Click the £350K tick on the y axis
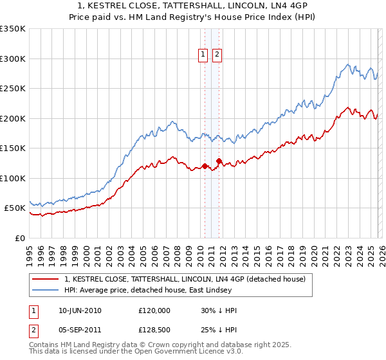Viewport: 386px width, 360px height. (x=13, y=29)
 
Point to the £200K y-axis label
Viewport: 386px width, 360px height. (x=13, y=118)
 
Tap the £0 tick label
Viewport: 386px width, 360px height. (x=19, y=238)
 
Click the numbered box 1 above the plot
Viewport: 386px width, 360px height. (x=203, y=55)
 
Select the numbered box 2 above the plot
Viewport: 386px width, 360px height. (x=217, y=55)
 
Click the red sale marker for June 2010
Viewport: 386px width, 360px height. (x=205, y=166)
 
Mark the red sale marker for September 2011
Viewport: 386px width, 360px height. (x=219, y=161)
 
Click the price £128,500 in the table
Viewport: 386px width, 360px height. (x=154, y=328)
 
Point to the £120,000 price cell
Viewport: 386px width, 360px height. (x=154, y=310)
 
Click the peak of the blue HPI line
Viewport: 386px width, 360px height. (x=348, y=64)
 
